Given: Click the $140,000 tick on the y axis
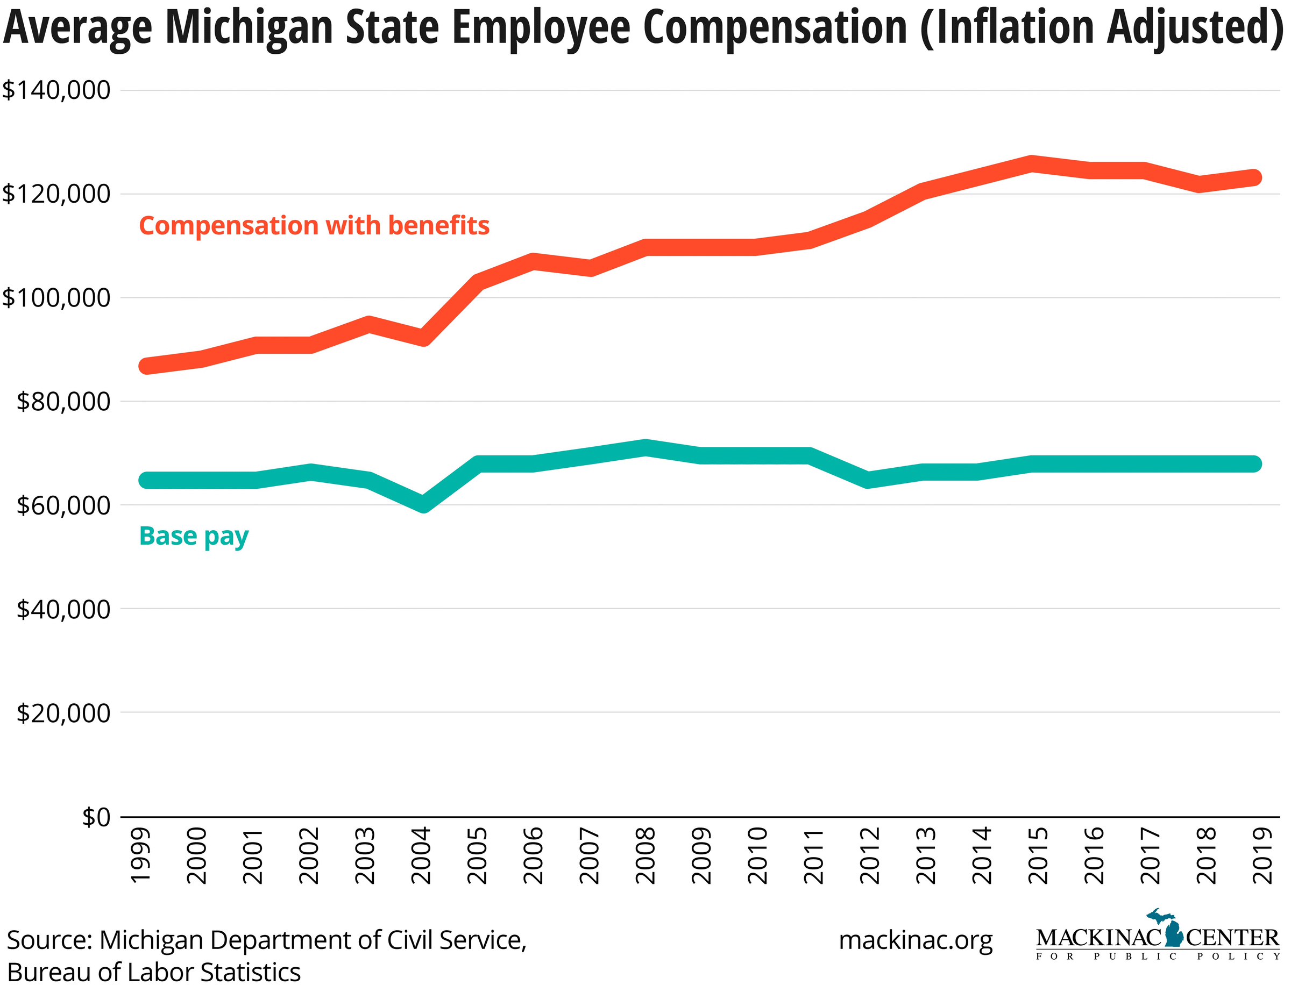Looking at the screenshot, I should [x=56, y=90].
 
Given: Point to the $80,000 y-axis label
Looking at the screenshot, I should [x=63, y=402].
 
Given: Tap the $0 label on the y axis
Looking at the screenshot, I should [x=96, y=817].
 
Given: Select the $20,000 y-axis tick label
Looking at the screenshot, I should [x=63, y=713].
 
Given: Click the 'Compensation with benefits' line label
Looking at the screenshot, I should [x=314, y=226].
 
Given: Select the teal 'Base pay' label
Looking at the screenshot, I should [x=194, y=536].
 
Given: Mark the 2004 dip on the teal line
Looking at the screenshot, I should [x=423, y=504].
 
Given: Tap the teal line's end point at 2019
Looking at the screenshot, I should [x=1253, y=464].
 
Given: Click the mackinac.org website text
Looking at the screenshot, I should [x=916, y=940].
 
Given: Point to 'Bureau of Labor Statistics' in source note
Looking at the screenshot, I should [x=154, y=972].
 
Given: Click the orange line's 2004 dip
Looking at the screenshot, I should [x=423, y=338].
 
